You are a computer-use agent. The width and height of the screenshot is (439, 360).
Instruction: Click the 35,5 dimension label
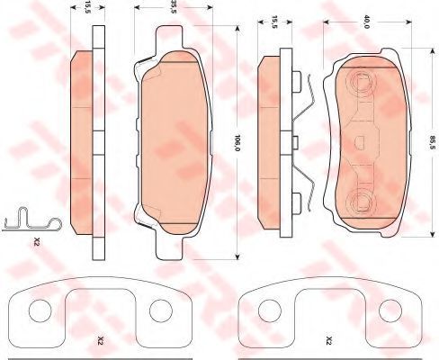[x=174, y=6]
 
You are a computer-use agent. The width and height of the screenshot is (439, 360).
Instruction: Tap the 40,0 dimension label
[x=366, y=22]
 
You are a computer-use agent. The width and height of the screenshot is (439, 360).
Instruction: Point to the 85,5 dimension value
[x=432, y=143]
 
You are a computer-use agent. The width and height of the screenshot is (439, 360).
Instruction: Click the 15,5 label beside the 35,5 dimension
[x=87, y=6]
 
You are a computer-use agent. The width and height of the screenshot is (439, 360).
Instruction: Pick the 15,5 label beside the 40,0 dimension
[x=274, y=22]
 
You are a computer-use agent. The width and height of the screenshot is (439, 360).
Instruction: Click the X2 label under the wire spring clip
[x=37, y=241]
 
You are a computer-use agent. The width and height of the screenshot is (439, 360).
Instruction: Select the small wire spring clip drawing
[x=31, y=220]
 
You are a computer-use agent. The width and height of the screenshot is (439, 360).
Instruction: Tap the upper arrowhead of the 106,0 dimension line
[x=237, y=28]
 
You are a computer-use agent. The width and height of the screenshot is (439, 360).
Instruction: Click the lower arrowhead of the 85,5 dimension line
[x=432, y=234]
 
